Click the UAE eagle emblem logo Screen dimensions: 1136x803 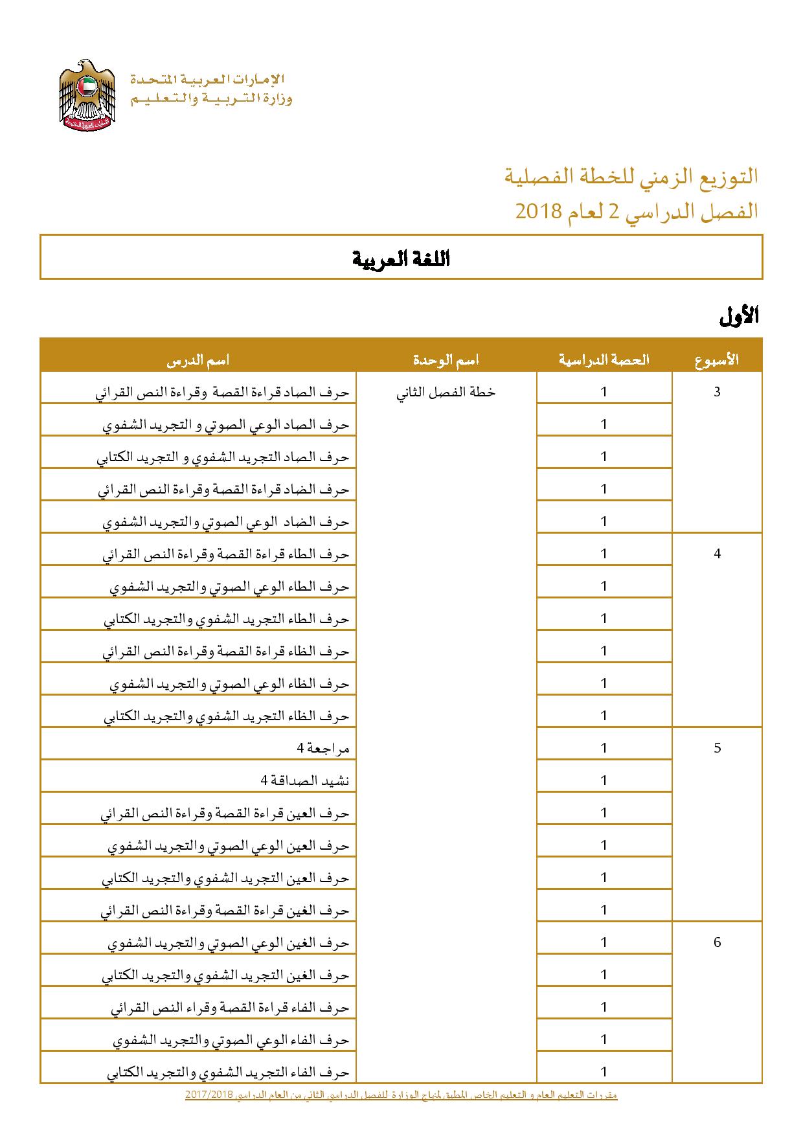pos(87,96)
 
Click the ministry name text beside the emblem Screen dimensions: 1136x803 pos(211,89)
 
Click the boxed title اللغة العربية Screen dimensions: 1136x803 pos(401,259)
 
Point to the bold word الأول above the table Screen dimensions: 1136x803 pos(739,317)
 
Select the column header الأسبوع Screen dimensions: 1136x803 pos(717,360)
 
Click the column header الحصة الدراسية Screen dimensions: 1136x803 pos(604,360)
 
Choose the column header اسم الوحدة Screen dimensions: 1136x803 pos(446,360)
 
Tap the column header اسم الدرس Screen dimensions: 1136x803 pos(198,360)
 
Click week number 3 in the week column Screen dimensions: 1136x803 pos(717,392)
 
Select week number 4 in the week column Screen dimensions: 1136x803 pos(717,554)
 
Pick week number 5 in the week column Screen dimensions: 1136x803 pos(717,748)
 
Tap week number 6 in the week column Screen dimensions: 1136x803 pos(717,942)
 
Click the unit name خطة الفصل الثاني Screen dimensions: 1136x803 pos(446,392)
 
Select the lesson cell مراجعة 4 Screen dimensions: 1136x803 pos(323,748)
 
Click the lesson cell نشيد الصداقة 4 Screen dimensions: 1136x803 pos(305,780)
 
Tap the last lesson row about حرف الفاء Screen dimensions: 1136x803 pos(228,1072)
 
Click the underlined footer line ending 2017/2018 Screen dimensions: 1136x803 pos(401,1095)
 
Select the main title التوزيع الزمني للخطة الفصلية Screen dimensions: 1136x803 pos(631,176)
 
